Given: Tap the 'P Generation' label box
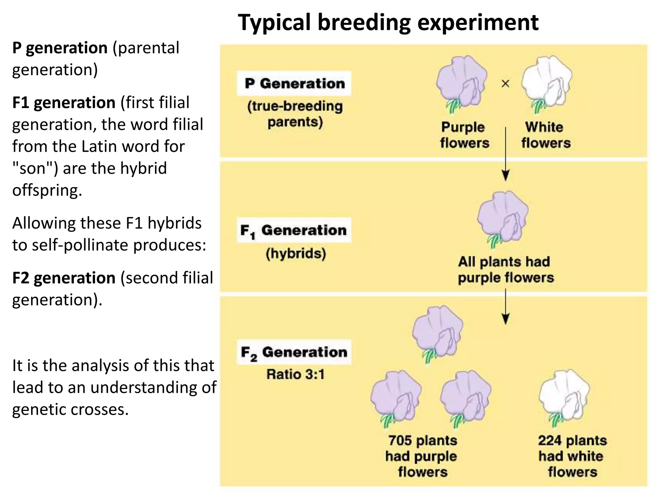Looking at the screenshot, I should coord(294,83).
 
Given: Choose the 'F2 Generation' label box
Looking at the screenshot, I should coord(294,352).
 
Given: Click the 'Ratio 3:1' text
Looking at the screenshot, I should coord(295,374).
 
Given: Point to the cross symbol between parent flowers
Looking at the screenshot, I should coord(505,84).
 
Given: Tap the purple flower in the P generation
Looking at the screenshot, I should coord(461,83).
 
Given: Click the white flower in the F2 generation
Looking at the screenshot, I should coord(564,396).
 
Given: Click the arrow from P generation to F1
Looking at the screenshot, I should coord(505,154).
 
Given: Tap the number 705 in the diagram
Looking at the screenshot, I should coord(400,440).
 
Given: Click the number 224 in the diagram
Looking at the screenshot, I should coord(550,440).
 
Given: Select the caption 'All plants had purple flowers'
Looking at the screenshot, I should coord(505,270).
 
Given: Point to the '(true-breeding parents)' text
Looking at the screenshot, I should coord(295,114).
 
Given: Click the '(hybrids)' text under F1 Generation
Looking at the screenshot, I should coord(296,254).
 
